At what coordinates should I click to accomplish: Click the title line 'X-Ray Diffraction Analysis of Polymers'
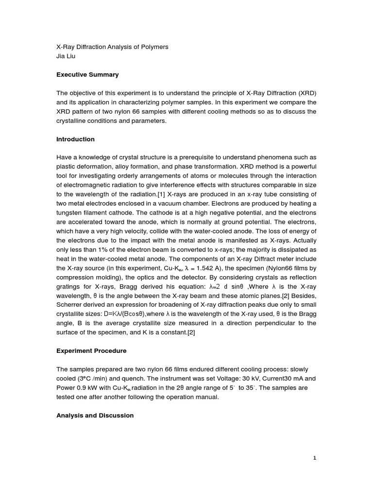coord(112,47)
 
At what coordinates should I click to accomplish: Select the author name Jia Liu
coord(67,56)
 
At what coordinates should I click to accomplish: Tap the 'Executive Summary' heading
coord(87,75)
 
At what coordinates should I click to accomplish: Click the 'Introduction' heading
coord(75,139)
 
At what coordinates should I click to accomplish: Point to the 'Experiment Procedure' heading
coord(91,350)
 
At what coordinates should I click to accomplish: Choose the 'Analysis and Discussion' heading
coord(95,415)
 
